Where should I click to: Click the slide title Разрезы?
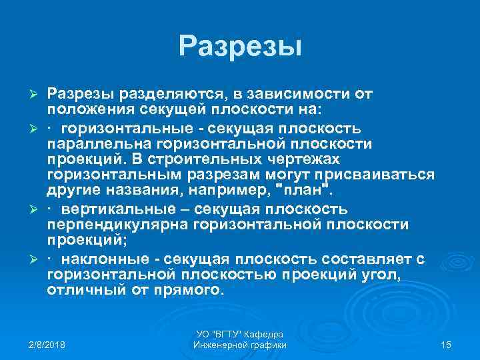[240, 46]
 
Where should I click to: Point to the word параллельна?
[95, 144]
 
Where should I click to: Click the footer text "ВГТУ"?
[229, 333]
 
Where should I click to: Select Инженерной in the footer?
[221, 345]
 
